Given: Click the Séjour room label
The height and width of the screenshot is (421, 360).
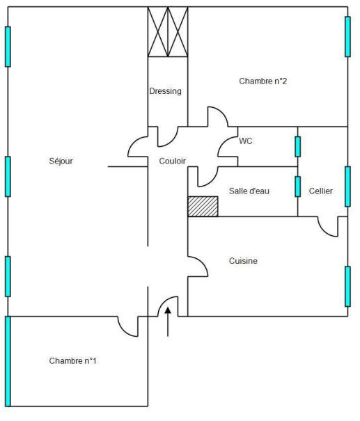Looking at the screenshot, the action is pos(61,161).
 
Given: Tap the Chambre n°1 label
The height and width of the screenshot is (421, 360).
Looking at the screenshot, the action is pos(72,361).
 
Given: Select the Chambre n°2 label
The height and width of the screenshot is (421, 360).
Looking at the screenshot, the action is pos(263,81).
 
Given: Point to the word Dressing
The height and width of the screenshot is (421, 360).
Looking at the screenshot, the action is pos(166,91).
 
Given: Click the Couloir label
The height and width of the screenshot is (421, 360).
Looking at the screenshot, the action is pos(172,161).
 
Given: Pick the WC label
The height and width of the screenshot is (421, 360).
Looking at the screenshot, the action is pos(246,141).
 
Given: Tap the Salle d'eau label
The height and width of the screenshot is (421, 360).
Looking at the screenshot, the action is pos(249,191).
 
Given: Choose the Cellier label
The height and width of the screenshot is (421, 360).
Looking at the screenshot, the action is pos(321,191).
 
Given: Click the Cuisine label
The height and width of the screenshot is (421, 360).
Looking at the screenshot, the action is pos(243,261).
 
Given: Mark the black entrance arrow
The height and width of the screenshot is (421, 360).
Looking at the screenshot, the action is pos(168,321).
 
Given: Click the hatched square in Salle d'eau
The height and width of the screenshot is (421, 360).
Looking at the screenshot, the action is pos(203,207).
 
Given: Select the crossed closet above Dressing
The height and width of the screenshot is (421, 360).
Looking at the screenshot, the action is pos(168,32).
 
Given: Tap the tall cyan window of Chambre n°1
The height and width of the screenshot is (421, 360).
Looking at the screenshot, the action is pos(8,361).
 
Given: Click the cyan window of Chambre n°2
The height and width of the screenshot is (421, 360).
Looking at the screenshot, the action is pos(347,37).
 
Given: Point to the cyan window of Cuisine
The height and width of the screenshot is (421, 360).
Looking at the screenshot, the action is pos(347,287).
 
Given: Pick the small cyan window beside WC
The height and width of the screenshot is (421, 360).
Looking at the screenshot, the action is pos(297,147).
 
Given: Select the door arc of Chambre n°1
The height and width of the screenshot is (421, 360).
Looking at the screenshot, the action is pos(124,331).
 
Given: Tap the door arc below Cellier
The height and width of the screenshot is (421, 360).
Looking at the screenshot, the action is pos(324,232).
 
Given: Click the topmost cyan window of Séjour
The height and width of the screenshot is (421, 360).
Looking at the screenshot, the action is pos(8,47).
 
